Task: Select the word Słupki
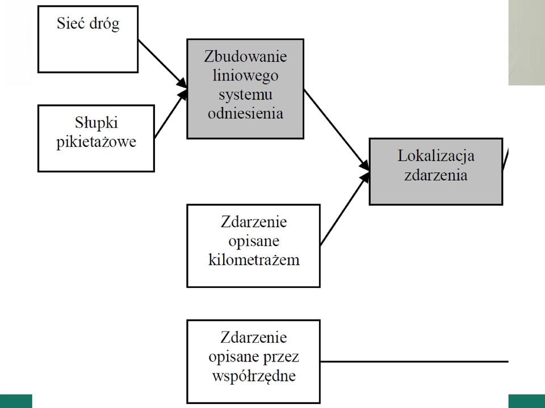tap(97, 123)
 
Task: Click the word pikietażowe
tap(97, 142)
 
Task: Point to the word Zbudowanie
tap(245, 57)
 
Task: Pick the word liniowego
tap(245, 76)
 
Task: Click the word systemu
tap(245, 95)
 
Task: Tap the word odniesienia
tap(245, 113)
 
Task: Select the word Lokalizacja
tap(436, 156)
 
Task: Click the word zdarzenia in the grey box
tap(436, 175)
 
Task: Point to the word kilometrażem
tap(254, 260)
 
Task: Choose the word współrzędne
tap(254, 376)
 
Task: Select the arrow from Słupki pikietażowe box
tap(171, 114)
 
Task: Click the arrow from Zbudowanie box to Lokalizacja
tap(337, 130)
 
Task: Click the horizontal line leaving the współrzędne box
tap(414, 362)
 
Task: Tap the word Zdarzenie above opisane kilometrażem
tap(254, 222)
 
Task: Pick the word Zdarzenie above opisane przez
tap(254, 338)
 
